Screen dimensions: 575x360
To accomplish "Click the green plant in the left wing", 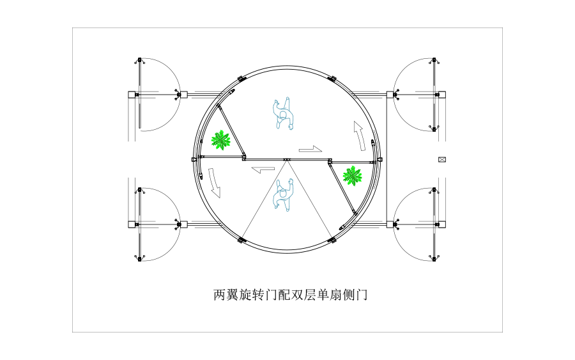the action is pos(221,140).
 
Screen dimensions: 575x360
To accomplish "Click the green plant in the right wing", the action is pos(353,176).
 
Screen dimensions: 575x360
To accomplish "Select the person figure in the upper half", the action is pos(284,113).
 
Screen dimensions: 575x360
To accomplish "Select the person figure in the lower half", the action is pos(284,195).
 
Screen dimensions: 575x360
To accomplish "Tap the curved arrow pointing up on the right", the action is pos(360,136).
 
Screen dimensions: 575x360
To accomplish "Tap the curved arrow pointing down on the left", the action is pos(214,183).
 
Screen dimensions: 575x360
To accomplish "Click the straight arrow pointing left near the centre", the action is pos(263,170).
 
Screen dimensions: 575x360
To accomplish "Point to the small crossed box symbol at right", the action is pos(442,160).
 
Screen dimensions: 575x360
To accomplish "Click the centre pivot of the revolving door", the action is pos(287,160).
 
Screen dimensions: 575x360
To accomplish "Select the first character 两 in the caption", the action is pos(220,295).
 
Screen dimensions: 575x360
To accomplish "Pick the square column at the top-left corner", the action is pos(132,95).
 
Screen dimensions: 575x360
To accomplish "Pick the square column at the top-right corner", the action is pos(442,95).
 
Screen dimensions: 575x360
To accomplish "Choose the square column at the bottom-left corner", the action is pos(132,224).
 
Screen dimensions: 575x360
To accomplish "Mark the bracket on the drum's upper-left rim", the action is pos(242,79).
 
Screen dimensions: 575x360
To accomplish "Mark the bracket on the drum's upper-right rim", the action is pos(332,79).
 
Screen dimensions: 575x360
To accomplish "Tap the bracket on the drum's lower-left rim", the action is pos(242,240).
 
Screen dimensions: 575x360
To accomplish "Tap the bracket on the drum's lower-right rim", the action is pos(332,240).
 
